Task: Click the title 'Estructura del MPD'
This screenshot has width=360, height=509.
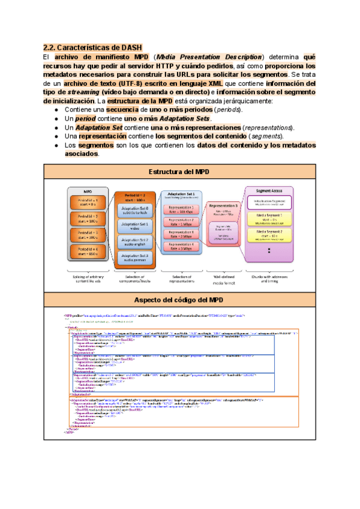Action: pos(179,173)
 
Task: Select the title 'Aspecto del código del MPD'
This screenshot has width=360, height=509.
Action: pos(179,300)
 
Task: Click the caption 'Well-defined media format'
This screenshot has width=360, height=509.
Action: pos(223,279)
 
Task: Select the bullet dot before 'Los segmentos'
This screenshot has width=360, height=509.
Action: pos(56,145)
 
